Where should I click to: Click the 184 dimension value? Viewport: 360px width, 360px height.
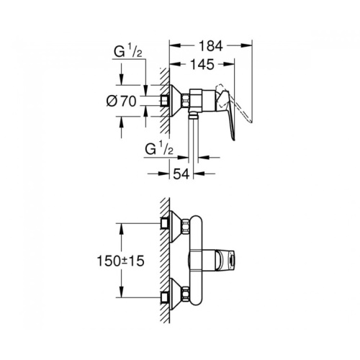click(x=211, y=46)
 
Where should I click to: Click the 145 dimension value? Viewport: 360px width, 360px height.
click(x=202, y=64)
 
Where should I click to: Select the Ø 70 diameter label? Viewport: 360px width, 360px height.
click(x=121, y=101)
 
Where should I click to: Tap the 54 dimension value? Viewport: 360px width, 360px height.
click(x=181, y=174)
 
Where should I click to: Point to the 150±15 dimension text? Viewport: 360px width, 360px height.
click(x=120, y=261)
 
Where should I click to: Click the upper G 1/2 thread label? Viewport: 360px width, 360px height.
click(x=128, y=53)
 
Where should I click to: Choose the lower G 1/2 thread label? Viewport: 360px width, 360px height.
click(x=159, y=149)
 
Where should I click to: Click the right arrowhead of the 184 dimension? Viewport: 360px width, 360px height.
click(x=246, y=45)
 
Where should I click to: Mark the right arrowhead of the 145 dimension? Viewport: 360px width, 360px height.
click(x=228, y=63)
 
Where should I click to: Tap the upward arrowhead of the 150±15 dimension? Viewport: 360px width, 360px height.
click(x=122, y=229)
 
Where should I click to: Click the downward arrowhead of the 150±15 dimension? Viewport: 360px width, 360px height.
click(x=122, y=292)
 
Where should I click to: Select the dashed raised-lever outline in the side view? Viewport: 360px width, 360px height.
click(x=236, y=103)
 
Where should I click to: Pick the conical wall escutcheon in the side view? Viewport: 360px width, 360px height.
click(x=175, y=101)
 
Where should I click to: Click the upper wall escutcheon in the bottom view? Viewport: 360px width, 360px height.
click(x=175, y=226)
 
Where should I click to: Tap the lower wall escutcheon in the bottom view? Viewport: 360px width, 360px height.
click(x=175, y=294)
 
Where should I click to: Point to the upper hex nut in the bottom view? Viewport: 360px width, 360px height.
click(x=186, y=226)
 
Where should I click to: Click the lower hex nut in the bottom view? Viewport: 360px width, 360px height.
click(x=186, y=294)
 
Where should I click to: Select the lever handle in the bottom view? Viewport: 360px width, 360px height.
click(x=225, y=261)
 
